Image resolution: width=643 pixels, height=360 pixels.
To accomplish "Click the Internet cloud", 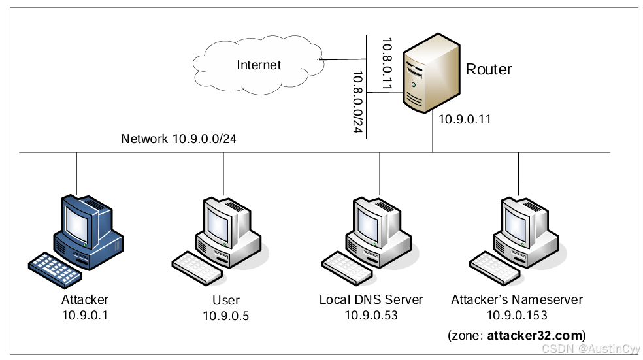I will [x=259, y=65].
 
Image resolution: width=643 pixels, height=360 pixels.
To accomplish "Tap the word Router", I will [x=489, y=69].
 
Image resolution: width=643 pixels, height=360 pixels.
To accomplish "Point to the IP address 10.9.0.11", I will [x=465, y=120].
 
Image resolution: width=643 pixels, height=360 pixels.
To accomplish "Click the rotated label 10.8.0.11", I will [x=386, y=63].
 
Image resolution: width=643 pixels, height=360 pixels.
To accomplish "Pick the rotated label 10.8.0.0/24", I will [x=357, y=101].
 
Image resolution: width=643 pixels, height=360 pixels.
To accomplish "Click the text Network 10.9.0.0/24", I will [x=178, y=139].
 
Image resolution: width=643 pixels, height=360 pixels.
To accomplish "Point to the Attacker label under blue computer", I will [x=85, y=300].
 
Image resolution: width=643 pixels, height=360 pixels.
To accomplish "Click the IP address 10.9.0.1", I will [x=85, y=316].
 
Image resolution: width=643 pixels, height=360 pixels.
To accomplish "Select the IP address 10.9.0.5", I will [x=225, y=316].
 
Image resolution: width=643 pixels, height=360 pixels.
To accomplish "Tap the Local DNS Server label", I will [x=371, y=300].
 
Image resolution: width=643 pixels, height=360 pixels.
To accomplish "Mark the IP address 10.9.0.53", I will [x=371, y=316].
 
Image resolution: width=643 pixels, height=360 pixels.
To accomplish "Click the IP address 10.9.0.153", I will [x=517, y=316].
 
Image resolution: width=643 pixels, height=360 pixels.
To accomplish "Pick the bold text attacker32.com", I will [x=535, y=335].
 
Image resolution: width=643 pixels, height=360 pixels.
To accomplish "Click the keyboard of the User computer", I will [x=197, y=268].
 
